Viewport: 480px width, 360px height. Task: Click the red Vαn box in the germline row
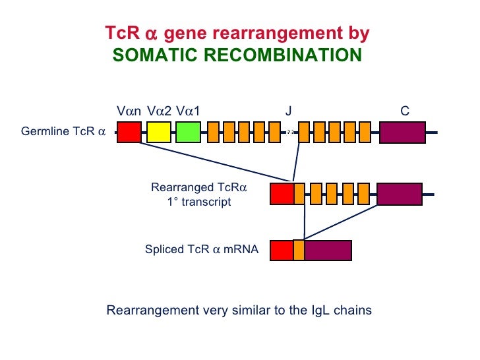129,132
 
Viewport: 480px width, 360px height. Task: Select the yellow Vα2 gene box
159,132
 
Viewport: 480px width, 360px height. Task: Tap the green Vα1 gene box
188,132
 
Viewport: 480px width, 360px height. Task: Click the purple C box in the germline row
402,132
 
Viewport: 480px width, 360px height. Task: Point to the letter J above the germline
288,111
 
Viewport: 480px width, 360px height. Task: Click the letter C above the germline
405,111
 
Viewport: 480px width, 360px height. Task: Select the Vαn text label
129,111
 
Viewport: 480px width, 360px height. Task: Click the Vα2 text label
159,111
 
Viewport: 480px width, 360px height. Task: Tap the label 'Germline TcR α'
63,131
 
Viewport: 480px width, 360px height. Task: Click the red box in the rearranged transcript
282,194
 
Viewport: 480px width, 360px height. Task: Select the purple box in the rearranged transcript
400,194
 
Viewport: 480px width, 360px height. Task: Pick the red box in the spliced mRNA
282,251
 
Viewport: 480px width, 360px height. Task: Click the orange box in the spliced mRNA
299,251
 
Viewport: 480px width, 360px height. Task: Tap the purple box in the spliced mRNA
328,251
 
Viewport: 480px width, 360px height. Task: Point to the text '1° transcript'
198,202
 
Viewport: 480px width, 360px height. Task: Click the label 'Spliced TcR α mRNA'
202,250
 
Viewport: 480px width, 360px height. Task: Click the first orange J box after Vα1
213,132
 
